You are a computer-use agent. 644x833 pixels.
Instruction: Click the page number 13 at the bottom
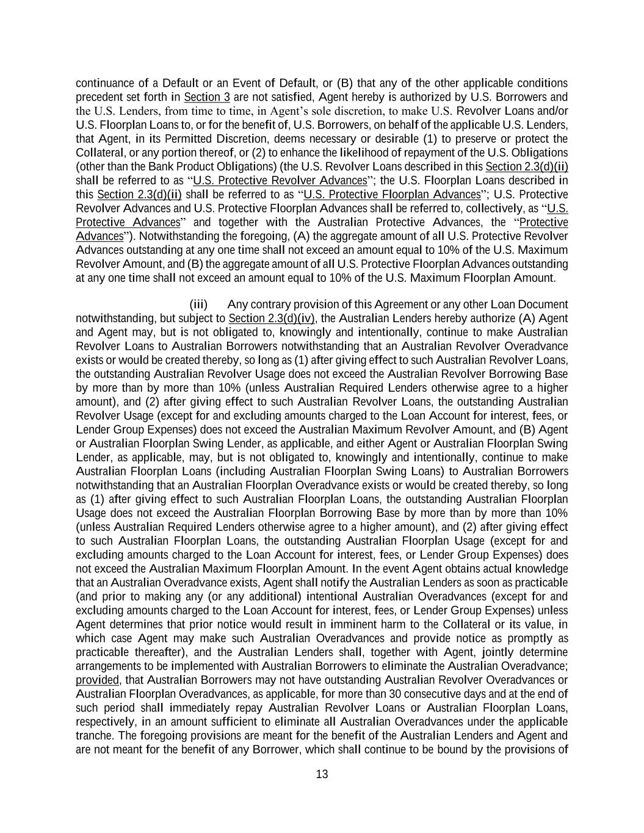coord(322,774)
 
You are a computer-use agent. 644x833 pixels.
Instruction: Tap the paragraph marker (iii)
coord(198,305)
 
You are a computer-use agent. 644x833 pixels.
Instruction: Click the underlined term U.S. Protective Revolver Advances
coord(280,181)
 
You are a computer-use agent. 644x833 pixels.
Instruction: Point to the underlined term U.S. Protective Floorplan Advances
coord(392,195)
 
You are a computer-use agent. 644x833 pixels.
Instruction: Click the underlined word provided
coord(97,680)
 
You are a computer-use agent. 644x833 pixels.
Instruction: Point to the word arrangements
coord(107,666)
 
